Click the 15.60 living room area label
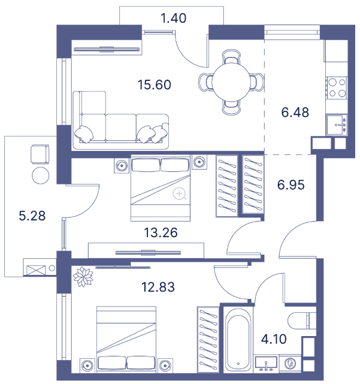155,84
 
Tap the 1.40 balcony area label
173,18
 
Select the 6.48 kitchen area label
295,113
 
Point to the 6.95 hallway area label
291,185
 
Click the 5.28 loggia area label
32,216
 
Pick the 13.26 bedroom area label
161,232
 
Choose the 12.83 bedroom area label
158,287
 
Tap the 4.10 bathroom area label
274,340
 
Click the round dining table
231,82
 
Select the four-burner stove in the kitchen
337,87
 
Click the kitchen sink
337,125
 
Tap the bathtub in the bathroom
238,340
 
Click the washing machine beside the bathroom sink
290,364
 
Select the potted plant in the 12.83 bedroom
83,277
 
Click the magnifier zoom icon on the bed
180,194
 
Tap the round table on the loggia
40,176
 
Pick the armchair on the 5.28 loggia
40,155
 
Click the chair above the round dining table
231,57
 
